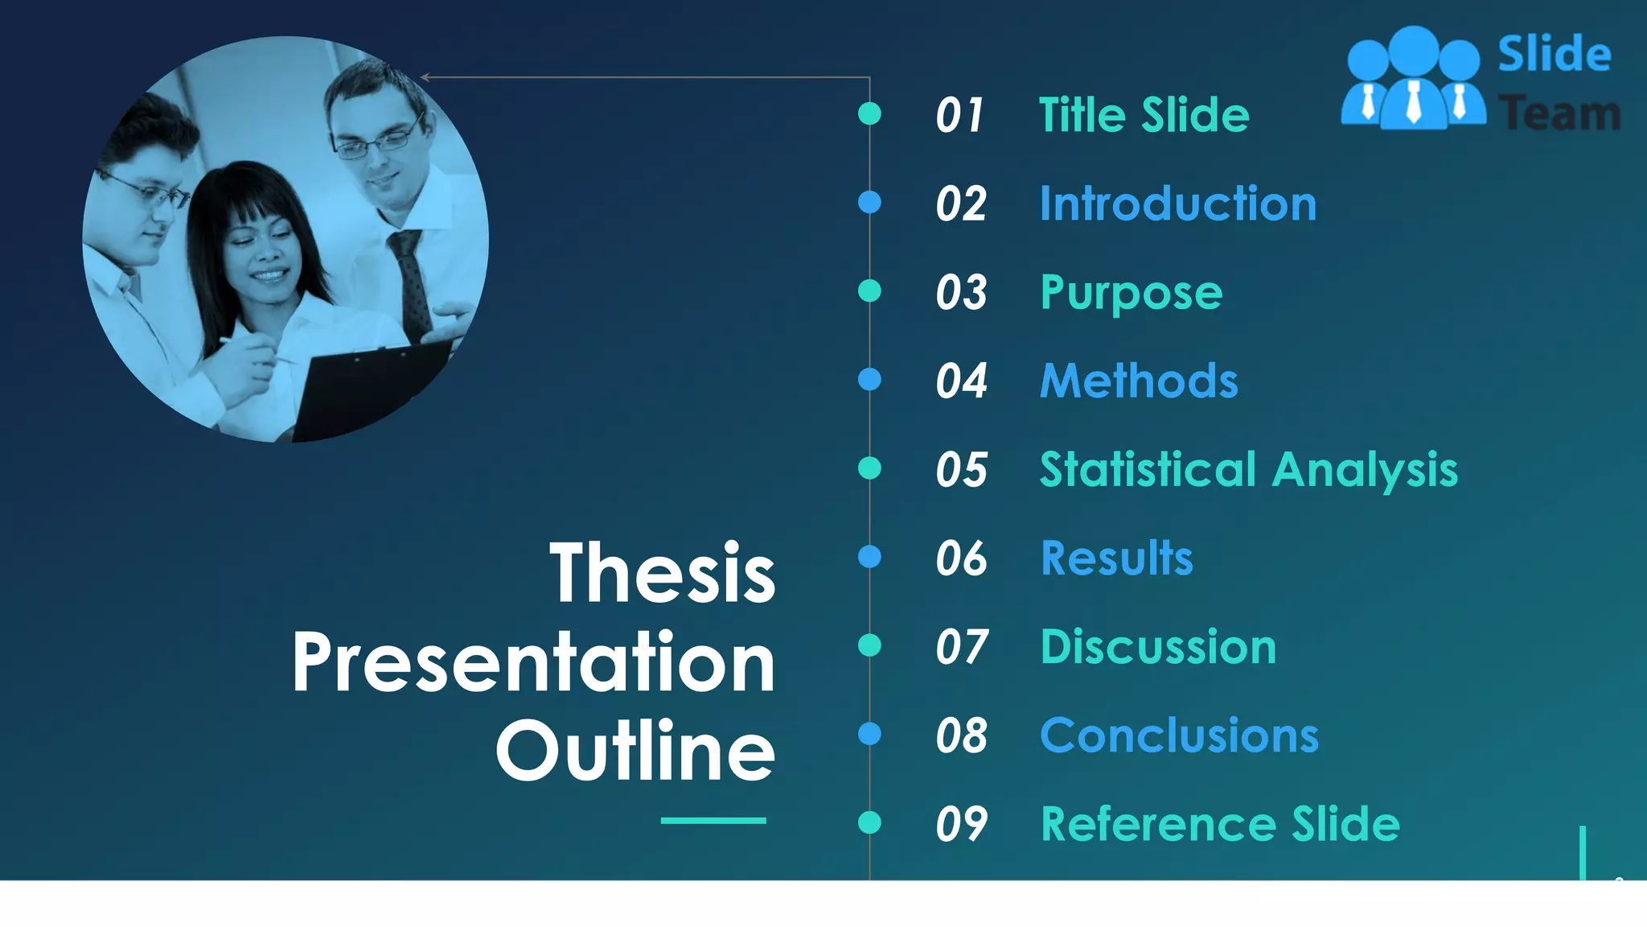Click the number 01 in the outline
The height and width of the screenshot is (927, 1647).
(x=959, y=115)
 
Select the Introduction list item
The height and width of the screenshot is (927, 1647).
(x=1178, y=204)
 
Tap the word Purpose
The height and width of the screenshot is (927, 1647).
(x=1131, y=293)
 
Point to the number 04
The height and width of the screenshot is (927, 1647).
(x=961, y=381)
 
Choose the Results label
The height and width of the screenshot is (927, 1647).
(x=1117, y=558)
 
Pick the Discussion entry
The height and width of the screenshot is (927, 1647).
(x=1158, y=647)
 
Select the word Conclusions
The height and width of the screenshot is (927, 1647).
(x=1179, y=735)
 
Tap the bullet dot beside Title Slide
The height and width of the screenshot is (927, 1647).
(x=869, y=113)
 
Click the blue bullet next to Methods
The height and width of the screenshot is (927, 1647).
(x=869, y=379)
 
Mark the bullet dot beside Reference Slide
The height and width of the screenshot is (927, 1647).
(x=869, y=822)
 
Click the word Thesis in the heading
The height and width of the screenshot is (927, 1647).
(x=662, y=573)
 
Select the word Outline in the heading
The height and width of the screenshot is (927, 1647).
(x=635, y=751)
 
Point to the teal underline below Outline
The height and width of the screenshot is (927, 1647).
(x=713, y=821)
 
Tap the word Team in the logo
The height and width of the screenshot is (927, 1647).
(x=1560, y=113)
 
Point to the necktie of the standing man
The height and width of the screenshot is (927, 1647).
(x=411, y=282)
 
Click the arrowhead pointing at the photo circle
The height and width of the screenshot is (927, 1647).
(x=425, y=77)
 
